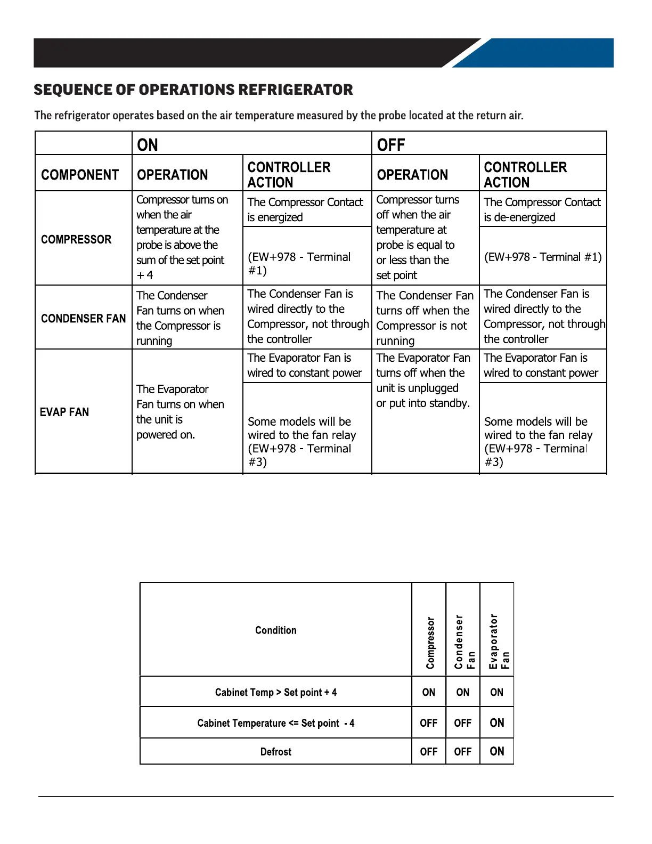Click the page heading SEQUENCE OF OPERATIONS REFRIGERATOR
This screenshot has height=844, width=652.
[x=193, y=90]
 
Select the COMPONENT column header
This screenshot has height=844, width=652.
[x=80, y=175]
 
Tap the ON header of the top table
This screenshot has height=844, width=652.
[x=148, y=145]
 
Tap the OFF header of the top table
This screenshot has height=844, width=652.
[x=391, y=145]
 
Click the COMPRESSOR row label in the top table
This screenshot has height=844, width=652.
[x=76, y=239]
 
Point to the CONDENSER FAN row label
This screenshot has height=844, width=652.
[x=83, y=318]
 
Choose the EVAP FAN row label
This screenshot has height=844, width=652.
[x=64, y=412]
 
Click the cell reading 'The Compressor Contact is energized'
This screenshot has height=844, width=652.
[x=305, y=209]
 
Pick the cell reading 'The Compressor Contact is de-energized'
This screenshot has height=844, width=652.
[x=542, y=209]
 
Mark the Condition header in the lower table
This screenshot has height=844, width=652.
[x=275, y=630]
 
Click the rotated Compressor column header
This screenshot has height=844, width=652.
[x=430, y=642]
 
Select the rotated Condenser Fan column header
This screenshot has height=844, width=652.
[x=464, y=642]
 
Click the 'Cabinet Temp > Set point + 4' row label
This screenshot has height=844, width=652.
[x=275, y=692]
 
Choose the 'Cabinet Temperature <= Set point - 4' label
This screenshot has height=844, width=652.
[x=275, y=723]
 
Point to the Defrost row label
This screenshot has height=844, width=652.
[x=275, y=752]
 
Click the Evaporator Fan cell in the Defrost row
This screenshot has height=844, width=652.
[x=496, y=751]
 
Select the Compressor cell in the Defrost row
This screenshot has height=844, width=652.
[x=429, y=751]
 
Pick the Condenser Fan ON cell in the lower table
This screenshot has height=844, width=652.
[x=463, y=692]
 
